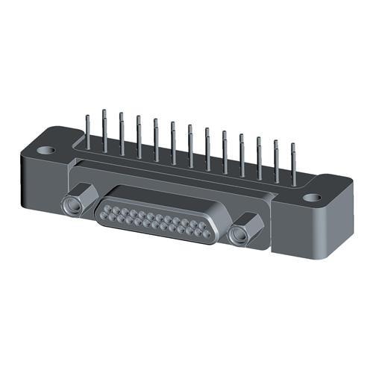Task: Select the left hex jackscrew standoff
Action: tap(75, 204)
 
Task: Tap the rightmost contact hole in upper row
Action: tap(201, 225)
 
